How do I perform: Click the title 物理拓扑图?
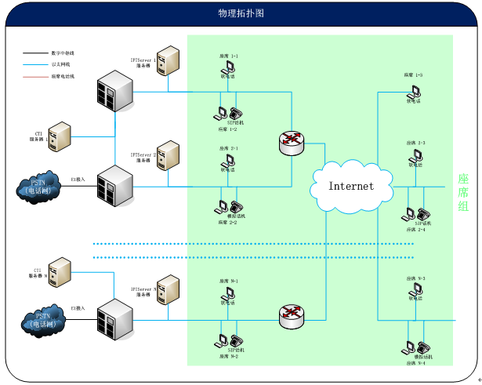coord(241,14)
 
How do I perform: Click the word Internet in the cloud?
coord(350,186)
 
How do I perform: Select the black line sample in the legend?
coord(35,53)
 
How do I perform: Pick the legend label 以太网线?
coord(61,65)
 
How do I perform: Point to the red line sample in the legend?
coord(35,77)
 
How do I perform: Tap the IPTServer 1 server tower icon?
coord(167,61)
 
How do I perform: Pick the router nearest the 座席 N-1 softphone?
coord(291,315)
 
